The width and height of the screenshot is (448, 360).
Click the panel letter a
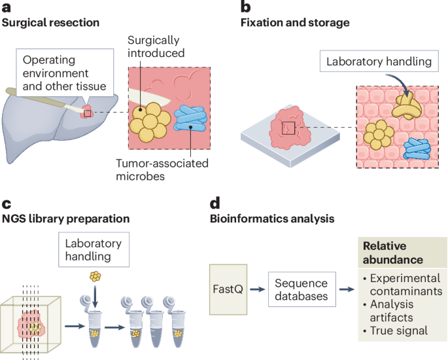pos(7,8)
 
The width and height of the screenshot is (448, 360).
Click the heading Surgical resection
pos(51,23)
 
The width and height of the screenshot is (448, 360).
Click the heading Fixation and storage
pos(295,23)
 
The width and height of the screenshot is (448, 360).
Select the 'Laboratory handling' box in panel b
pos(379,63)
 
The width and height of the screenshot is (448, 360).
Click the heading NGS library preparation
pos(65,218)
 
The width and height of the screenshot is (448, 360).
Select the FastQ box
pos(229,288)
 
